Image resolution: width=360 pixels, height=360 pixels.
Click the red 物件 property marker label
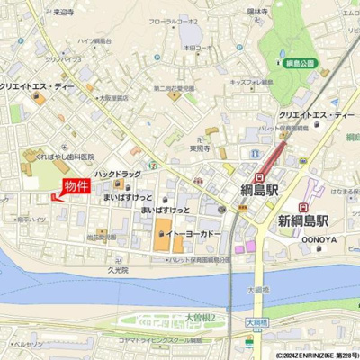76,186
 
